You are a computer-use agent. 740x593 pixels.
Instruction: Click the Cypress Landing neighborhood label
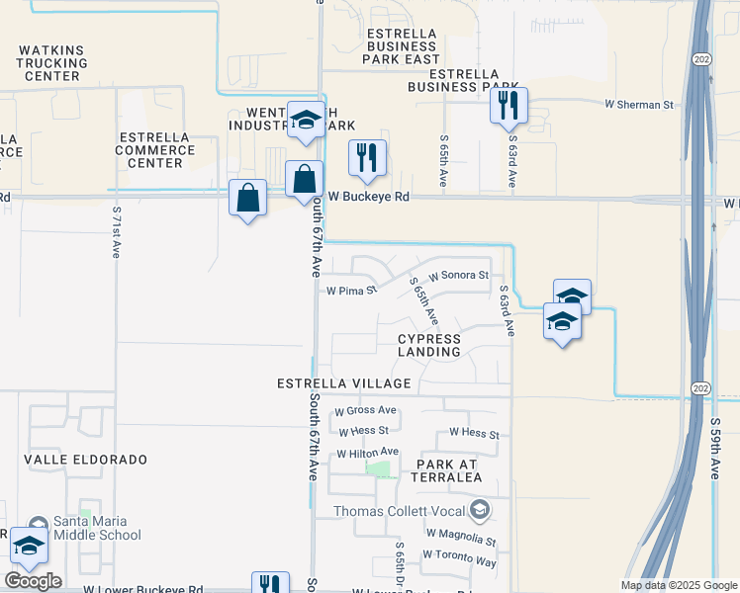tap(429, 345)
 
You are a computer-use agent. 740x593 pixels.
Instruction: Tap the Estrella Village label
tap(343, 382)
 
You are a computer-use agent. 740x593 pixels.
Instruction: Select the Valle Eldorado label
tap(86, 460)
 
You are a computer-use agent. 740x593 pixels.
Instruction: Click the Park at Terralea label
tap(435, 470)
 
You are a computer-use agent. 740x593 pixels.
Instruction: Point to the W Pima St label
tap(351, 291)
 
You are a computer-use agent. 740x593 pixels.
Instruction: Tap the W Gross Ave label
tap(366, 410)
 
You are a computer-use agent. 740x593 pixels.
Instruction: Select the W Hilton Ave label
tap(367, 453)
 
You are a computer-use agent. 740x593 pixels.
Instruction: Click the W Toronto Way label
tap(459, 560)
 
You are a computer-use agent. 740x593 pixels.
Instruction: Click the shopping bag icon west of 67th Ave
tap(246, 198)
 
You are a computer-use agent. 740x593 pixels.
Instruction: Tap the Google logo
tap(33, 580)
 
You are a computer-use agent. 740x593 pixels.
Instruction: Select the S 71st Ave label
tap(116, 232)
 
